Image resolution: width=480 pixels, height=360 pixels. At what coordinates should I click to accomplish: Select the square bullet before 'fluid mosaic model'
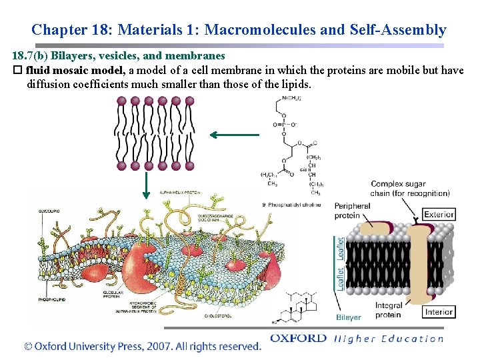18,71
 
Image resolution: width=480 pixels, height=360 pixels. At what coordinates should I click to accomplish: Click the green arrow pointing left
234,135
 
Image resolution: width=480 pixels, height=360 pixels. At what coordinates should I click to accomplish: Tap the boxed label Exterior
439,215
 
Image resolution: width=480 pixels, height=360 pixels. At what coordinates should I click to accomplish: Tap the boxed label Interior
439,312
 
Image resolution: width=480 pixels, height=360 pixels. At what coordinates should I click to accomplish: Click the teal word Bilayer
349,317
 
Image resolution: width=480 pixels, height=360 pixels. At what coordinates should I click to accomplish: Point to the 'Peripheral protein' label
352,211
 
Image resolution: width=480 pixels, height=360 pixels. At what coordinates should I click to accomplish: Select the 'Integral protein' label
389,310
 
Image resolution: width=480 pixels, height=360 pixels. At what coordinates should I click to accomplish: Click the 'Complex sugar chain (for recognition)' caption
410,189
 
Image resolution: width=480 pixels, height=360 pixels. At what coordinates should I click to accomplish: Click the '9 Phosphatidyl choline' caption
293,204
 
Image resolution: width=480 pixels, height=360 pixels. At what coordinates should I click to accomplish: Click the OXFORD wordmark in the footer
298,339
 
